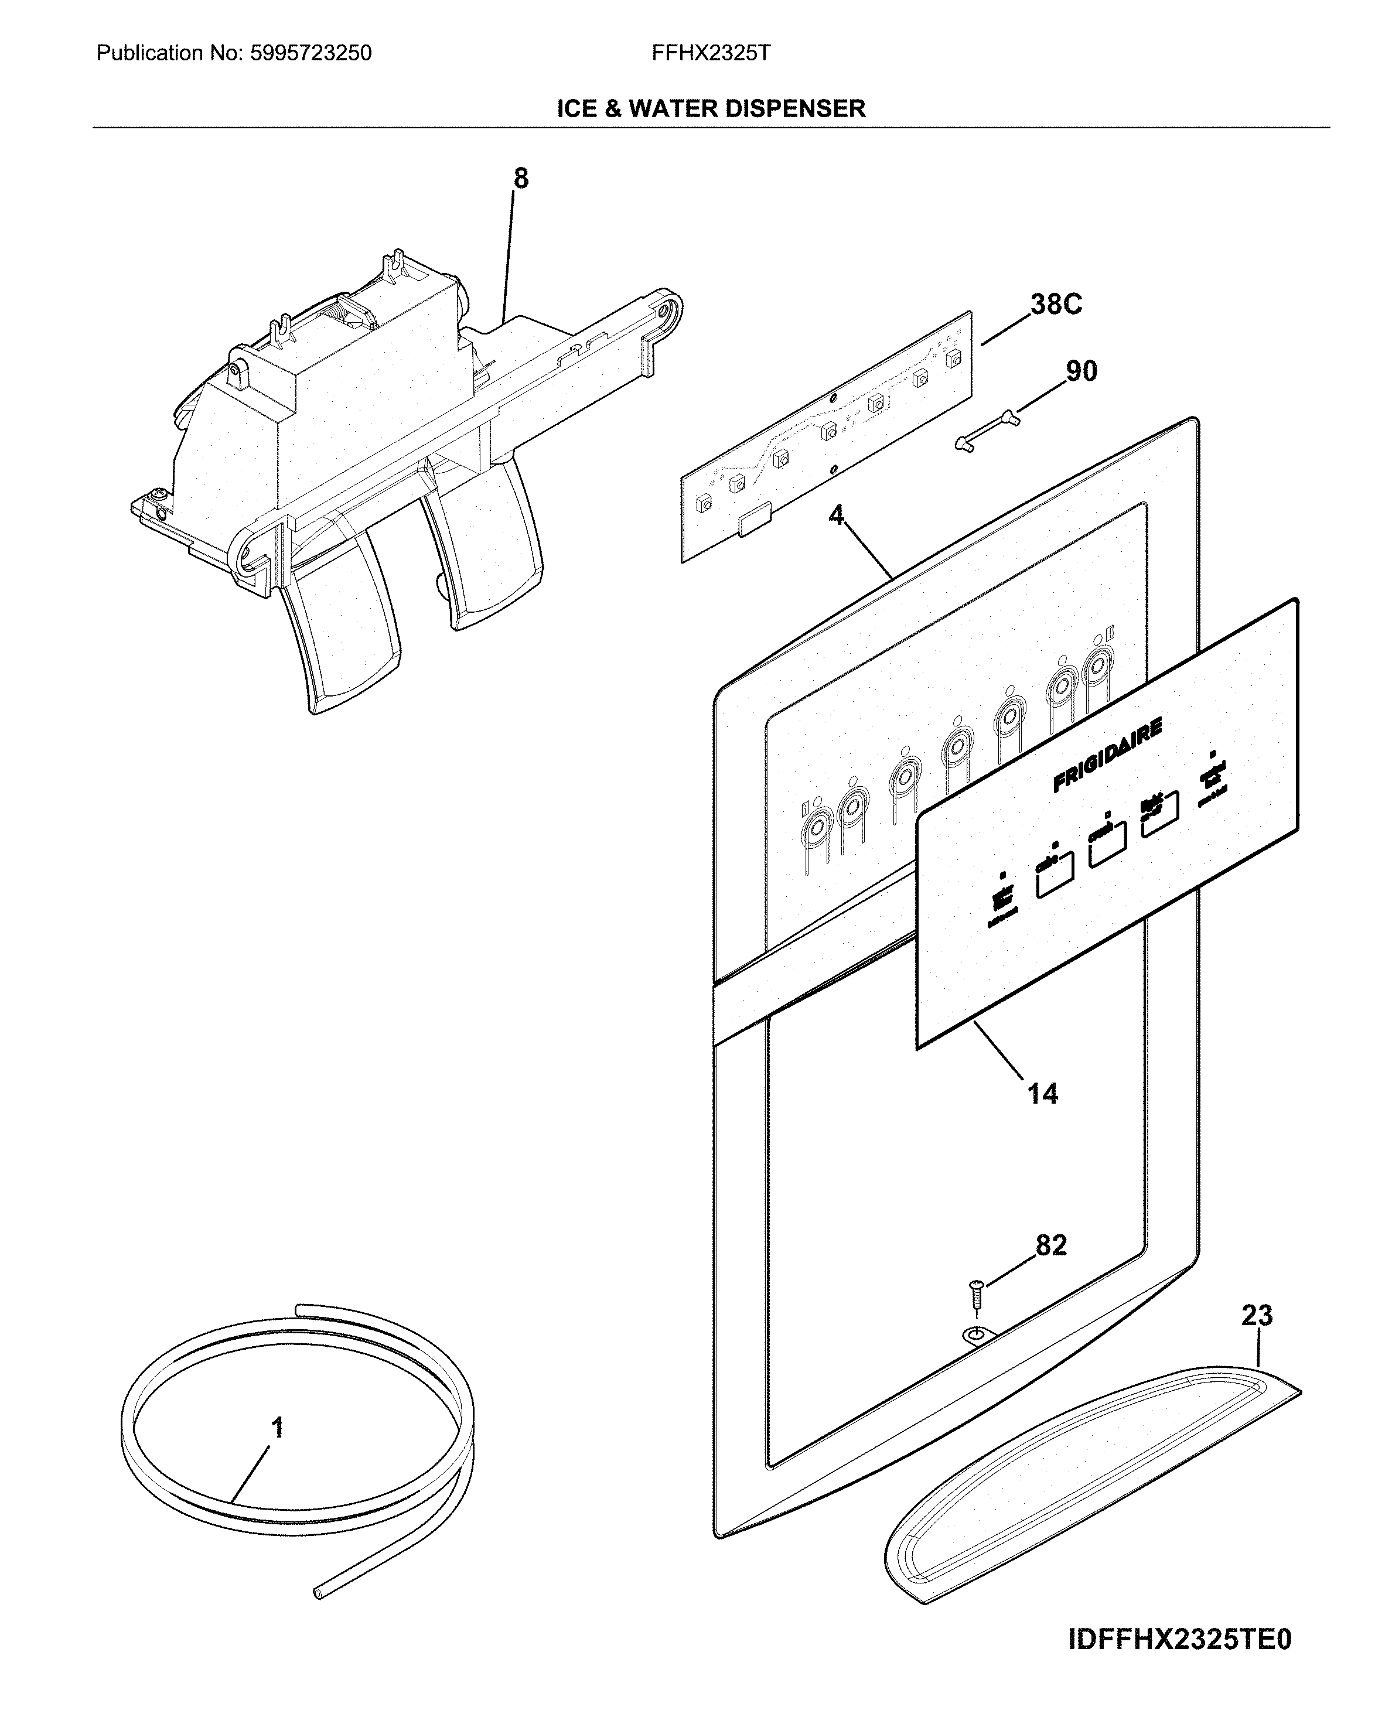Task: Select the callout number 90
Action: [1081, 371]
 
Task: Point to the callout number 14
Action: [1042, 1093]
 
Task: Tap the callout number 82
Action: [1051, 1245]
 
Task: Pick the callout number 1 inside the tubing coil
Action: [278, 1428]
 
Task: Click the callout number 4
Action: [837, 516]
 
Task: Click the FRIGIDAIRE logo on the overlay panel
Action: [1107, 756]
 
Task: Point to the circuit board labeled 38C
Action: [826, 437]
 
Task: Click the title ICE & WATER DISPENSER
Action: [711, 108]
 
